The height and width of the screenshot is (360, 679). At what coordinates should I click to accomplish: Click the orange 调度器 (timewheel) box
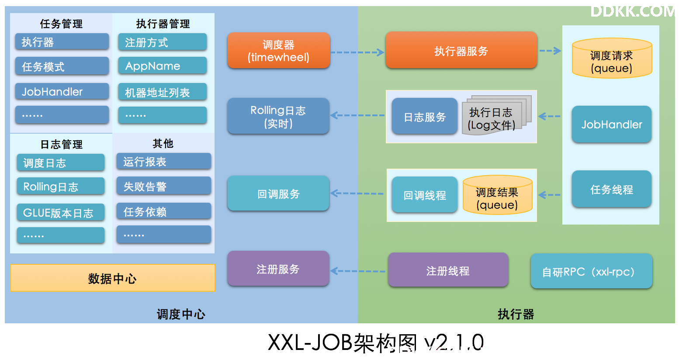279,50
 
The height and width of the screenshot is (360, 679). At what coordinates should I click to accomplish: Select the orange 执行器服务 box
461,50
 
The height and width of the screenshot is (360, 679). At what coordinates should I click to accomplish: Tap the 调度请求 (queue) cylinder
612,58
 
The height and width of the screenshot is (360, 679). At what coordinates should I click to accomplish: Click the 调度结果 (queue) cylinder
497,195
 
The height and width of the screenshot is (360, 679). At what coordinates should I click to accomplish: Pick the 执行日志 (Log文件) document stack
496,115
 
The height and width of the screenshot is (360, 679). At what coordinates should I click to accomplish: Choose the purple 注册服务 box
278,269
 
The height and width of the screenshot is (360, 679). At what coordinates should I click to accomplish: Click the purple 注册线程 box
448,270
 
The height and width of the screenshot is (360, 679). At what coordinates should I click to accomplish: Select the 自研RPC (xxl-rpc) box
592,271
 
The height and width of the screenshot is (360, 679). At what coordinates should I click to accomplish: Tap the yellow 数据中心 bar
113,278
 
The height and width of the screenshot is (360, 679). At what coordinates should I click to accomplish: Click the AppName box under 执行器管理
163,66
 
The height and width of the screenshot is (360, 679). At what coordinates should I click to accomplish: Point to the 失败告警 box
164,186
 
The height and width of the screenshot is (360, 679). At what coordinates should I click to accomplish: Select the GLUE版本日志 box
61,212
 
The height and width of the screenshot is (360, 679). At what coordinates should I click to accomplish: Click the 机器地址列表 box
163,92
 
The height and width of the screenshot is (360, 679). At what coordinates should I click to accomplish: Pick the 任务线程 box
612,189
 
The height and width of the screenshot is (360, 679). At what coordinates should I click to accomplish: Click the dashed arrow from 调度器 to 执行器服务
357,52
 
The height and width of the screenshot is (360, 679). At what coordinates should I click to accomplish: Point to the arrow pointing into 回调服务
357,194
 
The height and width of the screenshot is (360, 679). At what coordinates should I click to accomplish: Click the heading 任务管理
61,24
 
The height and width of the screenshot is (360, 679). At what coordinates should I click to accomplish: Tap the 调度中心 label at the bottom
181,314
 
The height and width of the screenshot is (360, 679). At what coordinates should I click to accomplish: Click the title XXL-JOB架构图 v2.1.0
376,343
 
